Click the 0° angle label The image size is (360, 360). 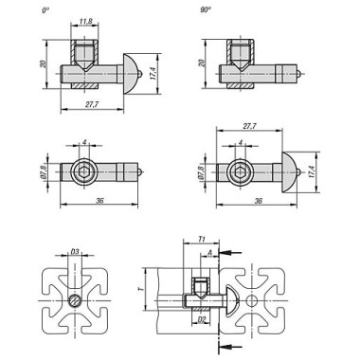tap(45, 10)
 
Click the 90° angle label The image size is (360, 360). tap(206, 10)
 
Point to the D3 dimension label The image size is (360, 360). tap(75, 251)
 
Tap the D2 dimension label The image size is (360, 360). tap(202, 319)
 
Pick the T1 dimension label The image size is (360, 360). tap(202, 240)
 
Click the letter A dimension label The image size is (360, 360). tap(209, 252)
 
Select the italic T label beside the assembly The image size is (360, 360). tap(141, 289)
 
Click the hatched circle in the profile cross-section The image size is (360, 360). tap(75, 300)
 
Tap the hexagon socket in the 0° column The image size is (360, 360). tap(84, 171)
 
